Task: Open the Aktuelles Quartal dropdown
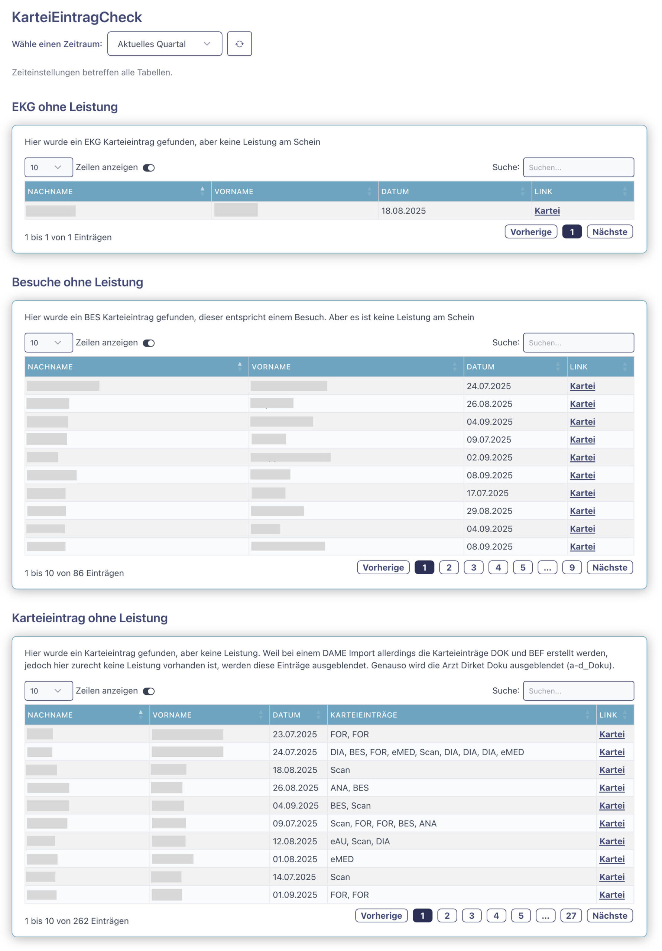[164, 44]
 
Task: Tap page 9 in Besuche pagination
[571, 568]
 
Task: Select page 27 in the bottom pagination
[571, 915]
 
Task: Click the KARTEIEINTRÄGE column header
[363, 715]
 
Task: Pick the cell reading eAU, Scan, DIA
[360, 841]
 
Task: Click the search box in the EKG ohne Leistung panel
[578, 167]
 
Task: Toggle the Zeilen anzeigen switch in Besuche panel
[149, 343]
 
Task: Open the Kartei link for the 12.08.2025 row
[611, 841]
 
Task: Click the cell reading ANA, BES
[349, 788]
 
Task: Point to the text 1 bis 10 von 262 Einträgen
[77, 921]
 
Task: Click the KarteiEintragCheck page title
[77, 17]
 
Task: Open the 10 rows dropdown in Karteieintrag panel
[48, 691]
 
